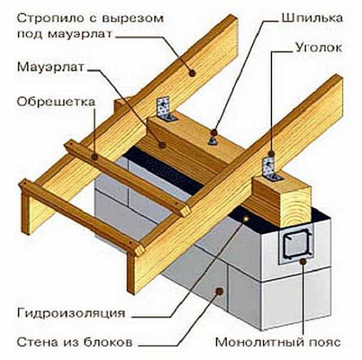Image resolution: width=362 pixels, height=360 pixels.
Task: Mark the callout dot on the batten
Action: [x=95, y=156]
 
